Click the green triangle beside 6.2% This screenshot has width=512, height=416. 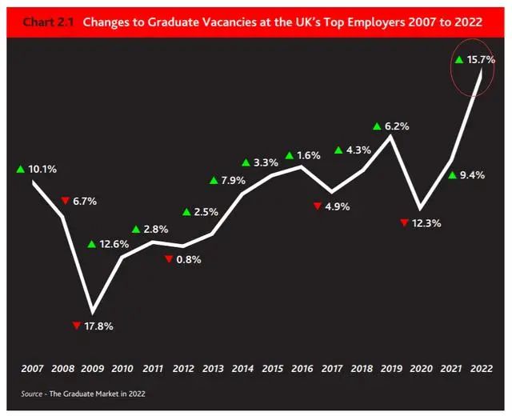point(378,126)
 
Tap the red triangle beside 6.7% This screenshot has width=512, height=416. point(65,201)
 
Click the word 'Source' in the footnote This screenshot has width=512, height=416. point(33,394)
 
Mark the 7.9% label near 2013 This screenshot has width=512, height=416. point(233,180)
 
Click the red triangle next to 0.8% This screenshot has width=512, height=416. point(168,259)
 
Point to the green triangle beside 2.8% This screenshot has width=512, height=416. point(136,230)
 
